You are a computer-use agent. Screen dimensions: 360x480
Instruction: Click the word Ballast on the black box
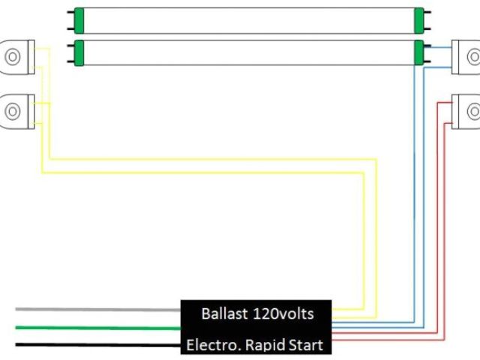(223, 313)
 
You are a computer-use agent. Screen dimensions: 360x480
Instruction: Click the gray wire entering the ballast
(97, 309)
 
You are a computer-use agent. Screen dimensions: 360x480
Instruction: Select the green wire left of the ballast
(97, 327)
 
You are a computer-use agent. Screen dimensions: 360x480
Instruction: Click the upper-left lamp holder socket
(15, 55)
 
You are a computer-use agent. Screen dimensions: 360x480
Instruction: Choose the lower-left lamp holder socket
(15, 110)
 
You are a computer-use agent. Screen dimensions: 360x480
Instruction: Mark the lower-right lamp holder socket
(468, 111)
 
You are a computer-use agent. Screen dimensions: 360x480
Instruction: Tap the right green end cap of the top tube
(418, 20)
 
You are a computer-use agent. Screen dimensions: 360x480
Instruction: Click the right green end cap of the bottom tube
(418, 52)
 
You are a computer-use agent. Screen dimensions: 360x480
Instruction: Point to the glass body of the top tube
(247, 20)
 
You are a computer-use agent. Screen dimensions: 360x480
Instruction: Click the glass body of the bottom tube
(247, 52)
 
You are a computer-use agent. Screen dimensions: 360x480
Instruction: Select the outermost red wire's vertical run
(446, 225)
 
